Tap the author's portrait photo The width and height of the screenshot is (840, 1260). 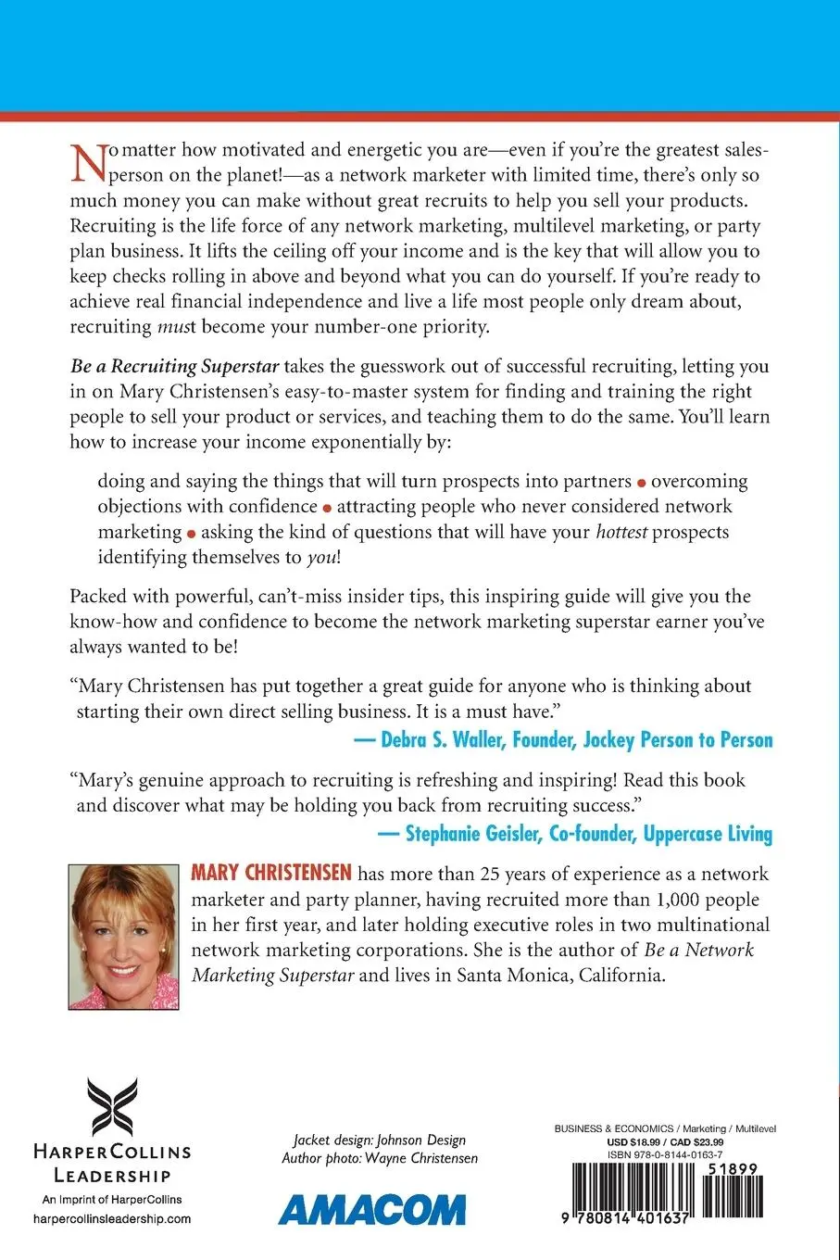pos(124,936)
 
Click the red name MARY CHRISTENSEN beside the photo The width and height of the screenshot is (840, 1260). pos(271,873)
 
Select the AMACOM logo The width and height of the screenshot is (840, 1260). pos(372,1210)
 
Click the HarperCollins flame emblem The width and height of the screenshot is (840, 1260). pos(112,1107)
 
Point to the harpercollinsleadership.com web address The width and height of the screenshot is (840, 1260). pos(111,1218)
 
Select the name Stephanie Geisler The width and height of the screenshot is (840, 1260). pos(472,834)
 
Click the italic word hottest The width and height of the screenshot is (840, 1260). pos(621,532)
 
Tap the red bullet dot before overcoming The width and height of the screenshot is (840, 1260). pos(643,483)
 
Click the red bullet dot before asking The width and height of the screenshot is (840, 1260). pos(192,534)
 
